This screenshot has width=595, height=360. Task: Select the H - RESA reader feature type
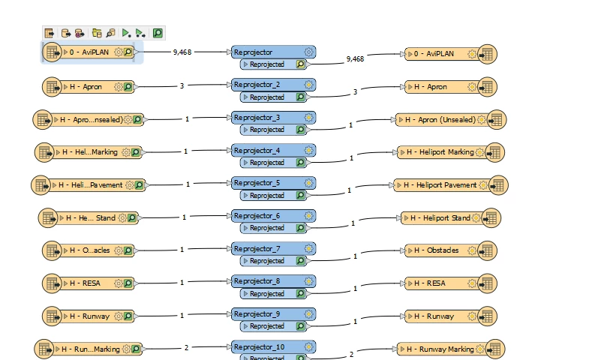(90, 283)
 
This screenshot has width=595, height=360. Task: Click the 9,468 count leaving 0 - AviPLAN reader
(182, 52)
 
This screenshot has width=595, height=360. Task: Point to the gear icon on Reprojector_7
(308, 249)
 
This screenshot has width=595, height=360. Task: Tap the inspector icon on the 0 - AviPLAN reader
(128, 52)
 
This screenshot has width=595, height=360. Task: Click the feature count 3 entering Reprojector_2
(182, 86)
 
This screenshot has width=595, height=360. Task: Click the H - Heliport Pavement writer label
(440, 184)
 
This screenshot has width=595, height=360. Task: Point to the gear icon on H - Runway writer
(472, 316)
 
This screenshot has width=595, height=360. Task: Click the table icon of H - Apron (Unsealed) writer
(496, 119)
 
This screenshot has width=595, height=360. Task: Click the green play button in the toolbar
(126, 33)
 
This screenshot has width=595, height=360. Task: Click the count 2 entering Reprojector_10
(185, 348)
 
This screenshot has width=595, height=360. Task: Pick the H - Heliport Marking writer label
(442, 152)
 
